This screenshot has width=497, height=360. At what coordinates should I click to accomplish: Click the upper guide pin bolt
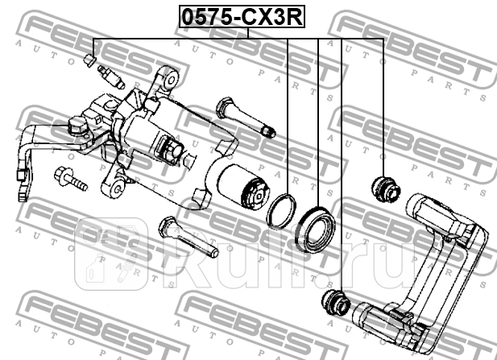click(x=244, y=118)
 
